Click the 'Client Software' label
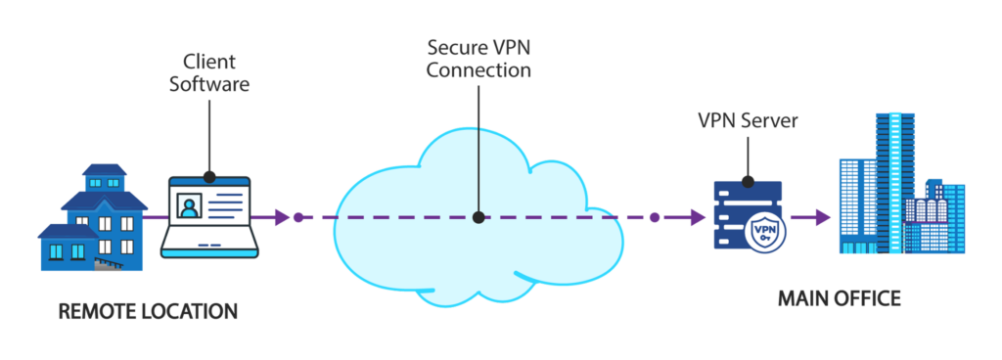(x=209, y=72)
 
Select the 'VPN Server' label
(x=749, y=120)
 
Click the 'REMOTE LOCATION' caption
(x=149, y=311)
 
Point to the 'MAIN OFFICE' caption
(x=839, y=298)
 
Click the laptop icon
(x=209, y=217)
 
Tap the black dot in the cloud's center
(x=478, y=217)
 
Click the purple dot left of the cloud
(x=297, y=217)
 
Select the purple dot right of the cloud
(x=655, y=217)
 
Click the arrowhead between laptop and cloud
(x=282, y=217)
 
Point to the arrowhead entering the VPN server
(x=697, y=217)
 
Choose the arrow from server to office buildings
(x=809, y=217)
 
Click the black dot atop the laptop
(x=209, y=175)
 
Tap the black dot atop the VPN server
(x=749, y=181)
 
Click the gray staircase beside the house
(x=109, y=264)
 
